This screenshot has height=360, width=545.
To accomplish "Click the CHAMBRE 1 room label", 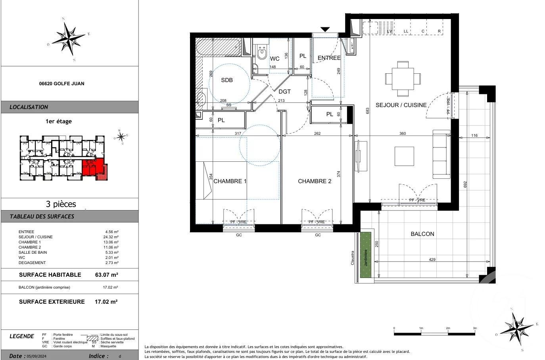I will click(x=230, y=181).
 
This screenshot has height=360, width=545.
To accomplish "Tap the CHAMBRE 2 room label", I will click(x=315, y=181).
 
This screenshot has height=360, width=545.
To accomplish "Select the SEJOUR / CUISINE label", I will click(x=401, y=105).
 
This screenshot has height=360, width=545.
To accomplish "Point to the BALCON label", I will click(x=422, y=234).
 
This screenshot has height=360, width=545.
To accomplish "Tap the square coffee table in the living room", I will click(x=404, y=156).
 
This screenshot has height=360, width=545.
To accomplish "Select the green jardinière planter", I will click(x=365, y=254).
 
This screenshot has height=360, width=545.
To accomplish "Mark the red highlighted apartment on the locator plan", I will click(x=94, y=167).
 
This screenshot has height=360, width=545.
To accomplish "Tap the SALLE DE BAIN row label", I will click(x=33, y=253).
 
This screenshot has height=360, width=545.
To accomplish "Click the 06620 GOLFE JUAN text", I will click(x=61, y=84).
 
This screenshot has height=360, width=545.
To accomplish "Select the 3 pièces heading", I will click(x=61, y=204).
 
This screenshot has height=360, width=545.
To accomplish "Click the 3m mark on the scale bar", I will click(x=475, y=329).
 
